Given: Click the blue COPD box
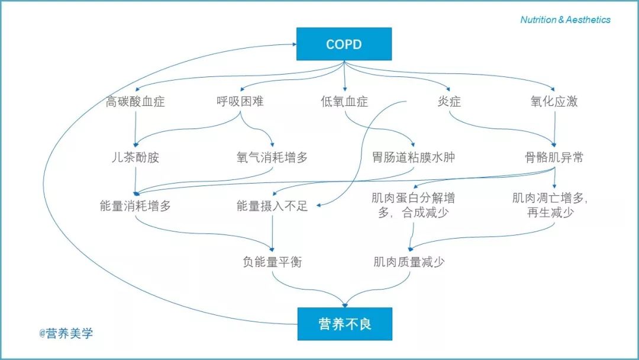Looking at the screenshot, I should click(344, 44).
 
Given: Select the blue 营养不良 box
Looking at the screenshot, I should click(344, 324).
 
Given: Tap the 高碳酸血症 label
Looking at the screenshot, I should click(135, 101).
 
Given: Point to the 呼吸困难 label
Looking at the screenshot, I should click(240, 101).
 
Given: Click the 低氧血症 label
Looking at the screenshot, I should click(344, 101).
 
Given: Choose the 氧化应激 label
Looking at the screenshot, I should click(554, 101).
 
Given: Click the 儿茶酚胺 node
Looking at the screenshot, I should click(135, 158).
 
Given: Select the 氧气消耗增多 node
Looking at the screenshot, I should click(272, 158).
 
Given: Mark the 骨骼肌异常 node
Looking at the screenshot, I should click(554, 158).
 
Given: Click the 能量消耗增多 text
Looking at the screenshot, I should click(135, 206).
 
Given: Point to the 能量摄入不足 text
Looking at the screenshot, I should click(272, 206).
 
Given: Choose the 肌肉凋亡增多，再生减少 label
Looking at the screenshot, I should click(550, 205).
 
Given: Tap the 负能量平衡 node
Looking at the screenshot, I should click(272, 261).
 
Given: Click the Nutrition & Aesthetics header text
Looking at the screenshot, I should click(565, 20).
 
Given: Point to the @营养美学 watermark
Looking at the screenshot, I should click(66, 333).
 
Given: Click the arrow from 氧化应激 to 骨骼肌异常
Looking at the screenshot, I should click(554, 127).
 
